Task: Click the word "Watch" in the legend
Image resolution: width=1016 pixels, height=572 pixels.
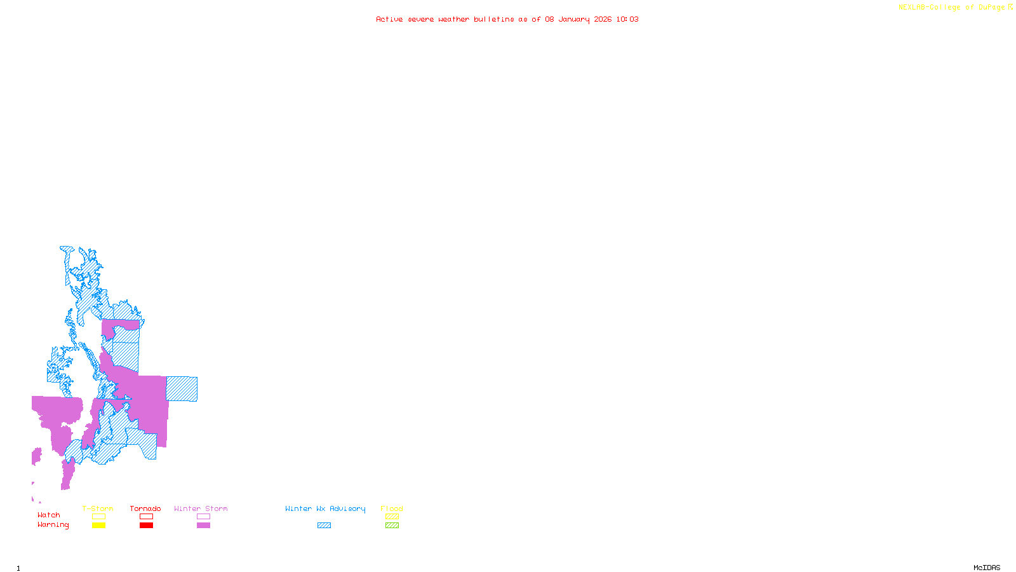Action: [x=48, y=515]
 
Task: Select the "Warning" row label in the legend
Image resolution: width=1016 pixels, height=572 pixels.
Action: [x=53, y=525]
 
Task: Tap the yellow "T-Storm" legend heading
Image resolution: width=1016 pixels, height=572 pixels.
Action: [x=98, y=508]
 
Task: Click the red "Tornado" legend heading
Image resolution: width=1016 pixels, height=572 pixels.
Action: [x=145, y=508]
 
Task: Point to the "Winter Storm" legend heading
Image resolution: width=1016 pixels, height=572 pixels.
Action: [x=201, y=508]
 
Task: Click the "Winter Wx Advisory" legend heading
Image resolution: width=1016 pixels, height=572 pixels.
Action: [x=325, y=508]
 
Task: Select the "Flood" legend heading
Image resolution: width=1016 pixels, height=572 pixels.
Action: [x=392, y=508]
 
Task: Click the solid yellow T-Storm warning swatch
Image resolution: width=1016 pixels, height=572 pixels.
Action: [x=98, y=526]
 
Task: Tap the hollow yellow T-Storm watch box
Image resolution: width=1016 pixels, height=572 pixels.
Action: [x=98, y=517]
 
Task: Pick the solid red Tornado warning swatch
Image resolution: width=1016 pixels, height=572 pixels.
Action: [x=146, y=526]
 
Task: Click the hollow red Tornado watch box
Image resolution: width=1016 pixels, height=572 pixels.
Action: [x=146, y=517]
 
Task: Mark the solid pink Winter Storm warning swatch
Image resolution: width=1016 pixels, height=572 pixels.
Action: [x=203, y=526]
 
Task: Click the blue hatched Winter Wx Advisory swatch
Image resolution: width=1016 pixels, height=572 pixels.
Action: [x=324, y=526]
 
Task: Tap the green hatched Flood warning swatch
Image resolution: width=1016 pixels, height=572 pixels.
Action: [x=392, y=526]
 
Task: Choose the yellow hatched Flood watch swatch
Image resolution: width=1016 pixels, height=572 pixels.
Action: [x=392, y=517]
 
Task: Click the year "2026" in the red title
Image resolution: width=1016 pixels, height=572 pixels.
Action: [x=603, y=19]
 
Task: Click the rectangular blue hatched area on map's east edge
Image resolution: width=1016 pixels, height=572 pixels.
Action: [x=182, y=389]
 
